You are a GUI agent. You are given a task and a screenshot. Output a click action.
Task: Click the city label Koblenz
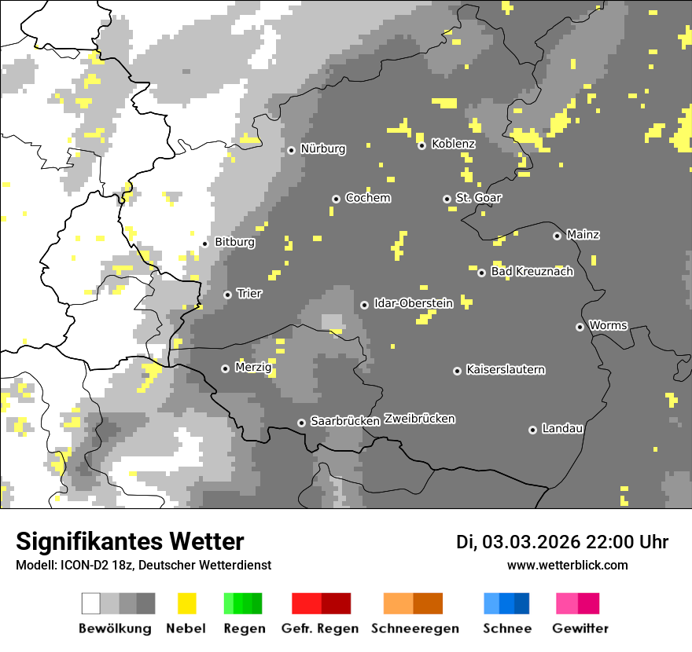tap(453, 145)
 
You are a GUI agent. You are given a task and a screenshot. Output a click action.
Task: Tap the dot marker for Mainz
tap(557, 236)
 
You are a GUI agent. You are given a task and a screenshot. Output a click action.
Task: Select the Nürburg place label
tap(322, 148)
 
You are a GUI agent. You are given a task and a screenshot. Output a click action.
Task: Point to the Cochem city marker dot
tap(336, 199)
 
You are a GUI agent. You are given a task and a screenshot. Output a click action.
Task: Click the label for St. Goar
tap(478, 198)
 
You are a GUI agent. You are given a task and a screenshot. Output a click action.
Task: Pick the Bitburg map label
tap(234, 242)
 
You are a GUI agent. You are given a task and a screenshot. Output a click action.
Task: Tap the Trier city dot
tap(227, 295)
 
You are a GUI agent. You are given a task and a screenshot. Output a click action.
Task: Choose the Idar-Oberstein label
tap(413, 303)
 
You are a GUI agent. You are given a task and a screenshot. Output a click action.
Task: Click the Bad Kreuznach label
tap(532, 272)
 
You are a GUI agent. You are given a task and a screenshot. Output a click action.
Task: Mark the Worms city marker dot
tap(580, 327)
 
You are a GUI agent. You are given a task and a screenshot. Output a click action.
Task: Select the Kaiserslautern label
tap(505, 369)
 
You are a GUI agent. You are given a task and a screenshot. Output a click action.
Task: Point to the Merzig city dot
tap(225, 368)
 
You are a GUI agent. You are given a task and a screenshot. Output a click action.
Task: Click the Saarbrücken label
tap(344, 421)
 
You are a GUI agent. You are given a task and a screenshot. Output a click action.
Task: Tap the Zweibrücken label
tap(419, 419)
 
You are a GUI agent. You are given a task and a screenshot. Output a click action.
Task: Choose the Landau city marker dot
tap(532, 430)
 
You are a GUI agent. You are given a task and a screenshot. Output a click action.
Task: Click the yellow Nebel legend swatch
tap(186, 603)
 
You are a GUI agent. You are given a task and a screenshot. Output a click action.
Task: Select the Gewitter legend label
tap(580, 628)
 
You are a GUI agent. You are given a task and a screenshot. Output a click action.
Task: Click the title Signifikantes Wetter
tap(130, 542)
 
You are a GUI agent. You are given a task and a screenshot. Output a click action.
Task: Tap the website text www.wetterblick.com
tap(567, 566)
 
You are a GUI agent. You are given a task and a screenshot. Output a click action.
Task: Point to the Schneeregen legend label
tap(414, 628)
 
